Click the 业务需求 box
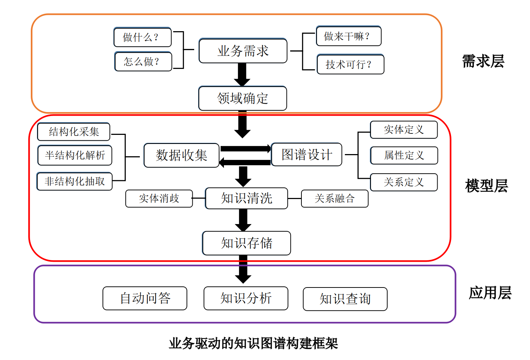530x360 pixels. [x=243, y=51]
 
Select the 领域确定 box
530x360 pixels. [x=243, y=98]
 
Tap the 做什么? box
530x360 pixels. [x=142, y=37]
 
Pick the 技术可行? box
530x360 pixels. [x=350, y=65]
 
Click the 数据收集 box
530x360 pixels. [x=181, y=155]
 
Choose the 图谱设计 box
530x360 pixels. [x=306, y=154]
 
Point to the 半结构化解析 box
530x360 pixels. [x=75, y=155]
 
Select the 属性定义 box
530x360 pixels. [x=404, y=156]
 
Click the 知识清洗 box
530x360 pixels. [x=246, y=198]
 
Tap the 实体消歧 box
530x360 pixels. [x=159, y=199]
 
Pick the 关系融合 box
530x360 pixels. [x=334, y=199]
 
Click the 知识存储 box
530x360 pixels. [x=246, y=243]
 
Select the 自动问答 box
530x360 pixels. [x=145, y=298]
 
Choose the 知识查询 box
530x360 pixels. [x=345, y=299]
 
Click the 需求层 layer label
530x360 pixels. [x=483, y=61]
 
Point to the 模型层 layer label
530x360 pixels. [x=486, y=186]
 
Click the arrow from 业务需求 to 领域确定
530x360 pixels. [x=242, y=75]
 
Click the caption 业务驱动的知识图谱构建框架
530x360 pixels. [x=253, y=343]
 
